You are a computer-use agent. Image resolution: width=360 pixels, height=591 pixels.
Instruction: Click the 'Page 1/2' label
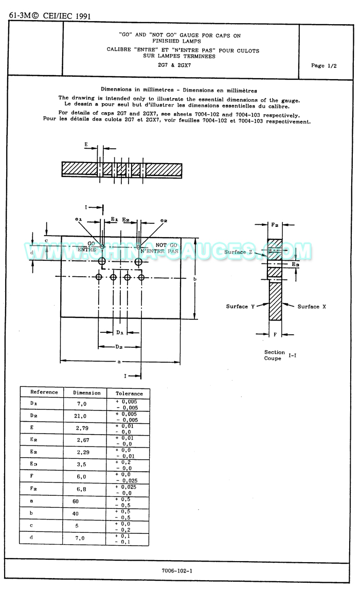click(324, 65)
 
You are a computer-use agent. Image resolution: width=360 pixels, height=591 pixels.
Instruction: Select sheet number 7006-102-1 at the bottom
click(177, 570)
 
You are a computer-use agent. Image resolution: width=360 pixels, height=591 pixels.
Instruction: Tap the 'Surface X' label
click(312, 307)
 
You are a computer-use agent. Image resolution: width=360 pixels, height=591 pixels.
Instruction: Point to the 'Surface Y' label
click(241, 307)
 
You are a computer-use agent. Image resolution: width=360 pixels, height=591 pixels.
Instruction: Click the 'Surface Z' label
click(239, 252)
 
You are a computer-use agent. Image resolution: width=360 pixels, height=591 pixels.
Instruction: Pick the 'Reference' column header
click(44, 392)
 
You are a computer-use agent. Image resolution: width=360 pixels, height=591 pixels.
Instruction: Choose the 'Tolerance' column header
click(129, 393)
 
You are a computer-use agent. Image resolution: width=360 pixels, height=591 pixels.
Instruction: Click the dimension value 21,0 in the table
click(81, 416)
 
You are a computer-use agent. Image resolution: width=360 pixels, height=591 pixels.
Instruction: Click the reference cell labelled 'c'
click(32, 526)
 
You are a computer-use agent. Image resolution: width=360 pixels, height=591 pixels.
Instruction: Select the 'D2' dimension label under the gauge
click(119, 347)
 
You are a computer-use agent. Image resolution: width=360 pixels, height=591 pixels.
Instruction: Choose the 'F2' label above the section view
click(275, 225)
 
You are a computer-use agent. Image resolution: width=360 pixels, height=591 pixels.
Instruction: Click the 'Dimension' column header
click(86, 393)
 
